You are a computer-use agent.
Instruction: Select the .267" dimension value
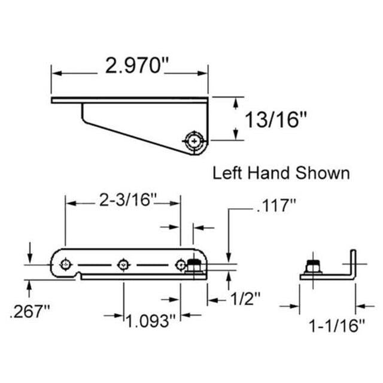click(29, 312)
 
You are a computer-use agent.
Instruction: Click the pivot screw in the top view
click(194, 141)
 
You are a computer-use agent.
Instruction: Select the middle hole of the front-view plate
click(123, 263)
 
